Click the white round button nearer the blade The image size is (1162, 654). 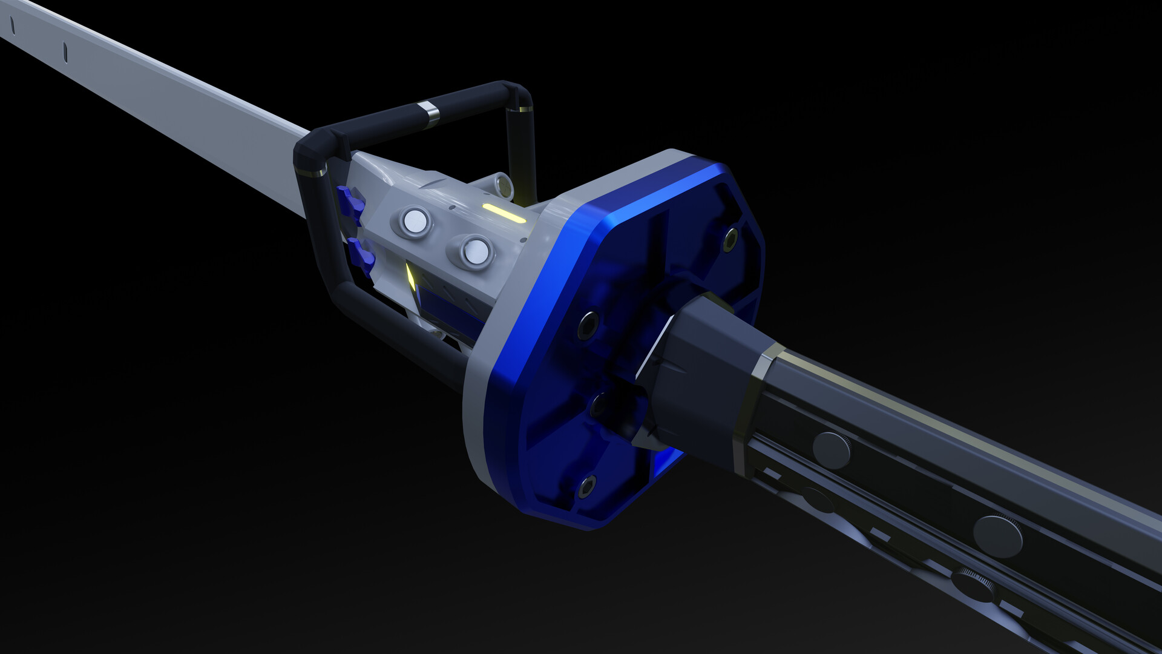click(x=415, y=222)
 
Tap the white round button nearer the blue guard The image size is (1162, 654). click(x=476, y=251)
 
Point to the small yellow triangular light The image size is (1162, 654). click(x=410, y=277)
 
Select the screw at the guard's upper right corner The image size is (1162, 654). click(x=730, y=239)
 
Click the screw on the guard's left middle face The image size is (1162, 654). click(x=588, y=325)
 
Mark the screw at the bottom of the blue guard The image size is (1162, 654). click(x=586, y=486)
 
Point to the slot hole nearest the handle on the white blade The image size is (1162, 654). click(x=65, y=52)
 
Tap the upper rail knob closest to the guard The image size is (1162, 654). click(x=831, y=450)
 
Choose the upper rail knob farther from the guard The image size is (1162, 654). click(x=997, y=536)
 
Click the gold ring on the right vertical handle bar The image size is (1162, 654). click(x=520, y=110)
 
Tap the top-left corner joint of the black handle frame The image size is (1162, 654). click(x=315, y=145)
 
